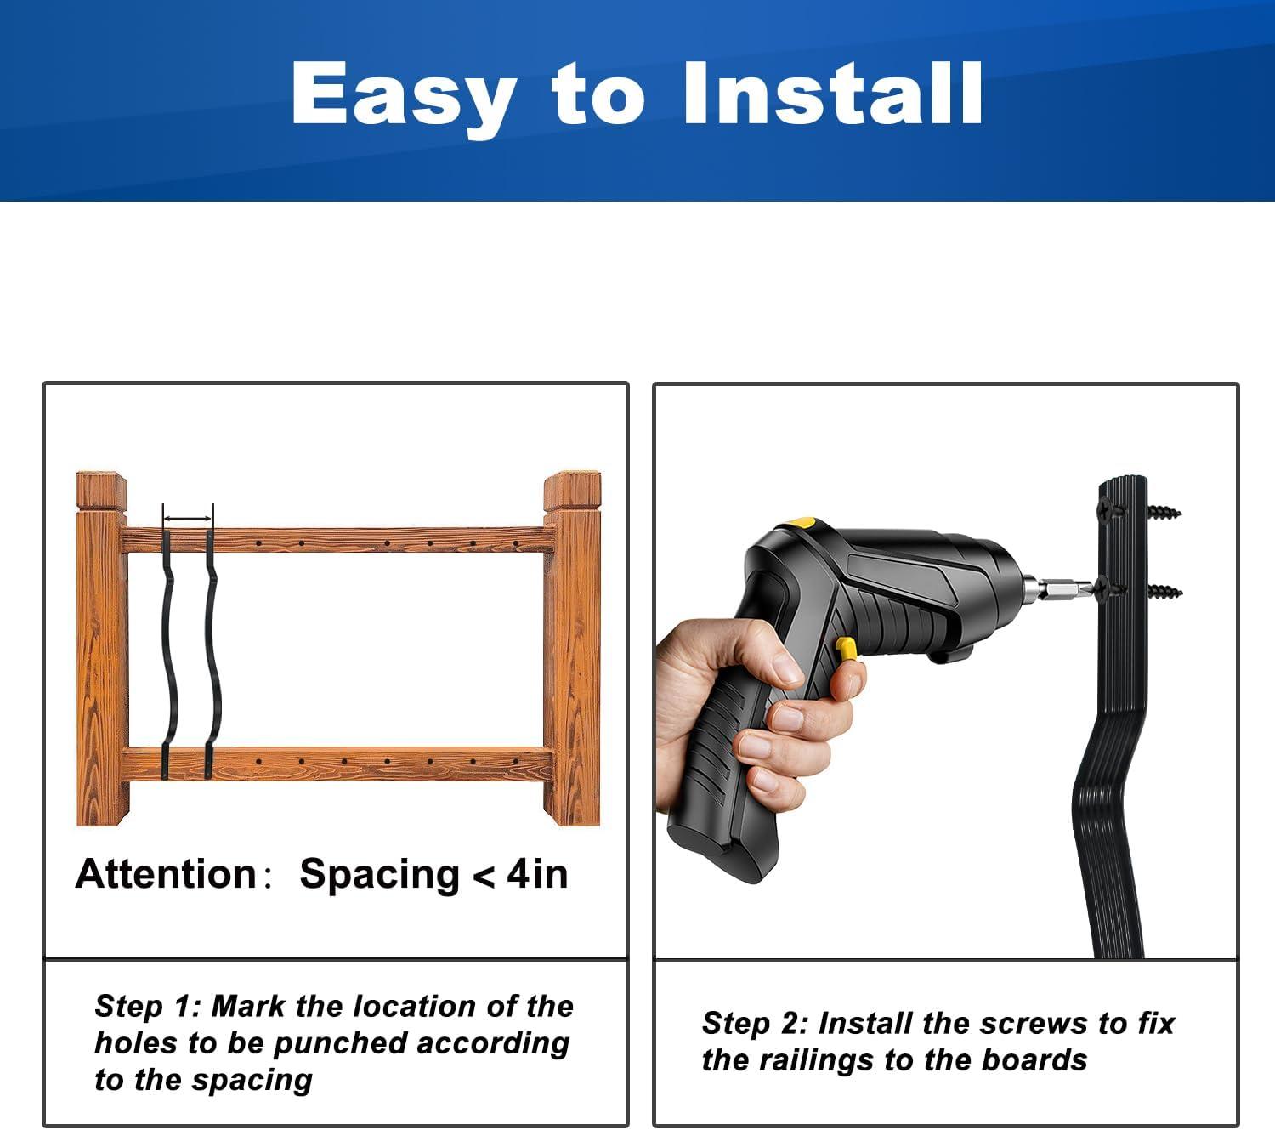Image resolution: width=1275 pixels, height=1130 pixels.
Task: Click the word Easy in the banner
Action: point(404,94)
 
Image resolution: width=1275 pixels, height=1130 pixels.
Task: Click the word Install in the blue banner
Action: point(833,94)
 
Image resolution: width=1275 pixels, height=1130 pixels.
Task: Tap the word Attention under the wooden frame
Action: point(166,874)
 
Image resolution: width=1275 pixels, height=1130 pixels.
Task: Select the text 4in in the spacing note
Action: point(537,874)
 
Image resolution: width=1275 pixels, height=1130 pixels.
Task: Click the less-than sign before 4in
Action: point(483,877)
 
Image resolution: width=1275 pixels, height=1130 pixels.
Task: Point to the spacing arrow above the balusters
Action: point(188,518)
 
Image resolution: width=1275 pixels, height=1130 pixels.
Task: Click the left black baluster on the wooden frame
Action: point(168,655)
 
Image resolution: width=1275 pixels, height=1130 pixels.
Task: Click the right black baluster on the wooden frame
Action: point(212,655)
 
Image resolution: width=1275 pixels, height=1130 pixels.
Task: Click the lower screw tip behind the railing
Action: point(1164,591)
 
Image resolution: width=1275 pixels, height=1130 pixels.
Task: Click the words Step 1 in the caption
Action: point(148,1006)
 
